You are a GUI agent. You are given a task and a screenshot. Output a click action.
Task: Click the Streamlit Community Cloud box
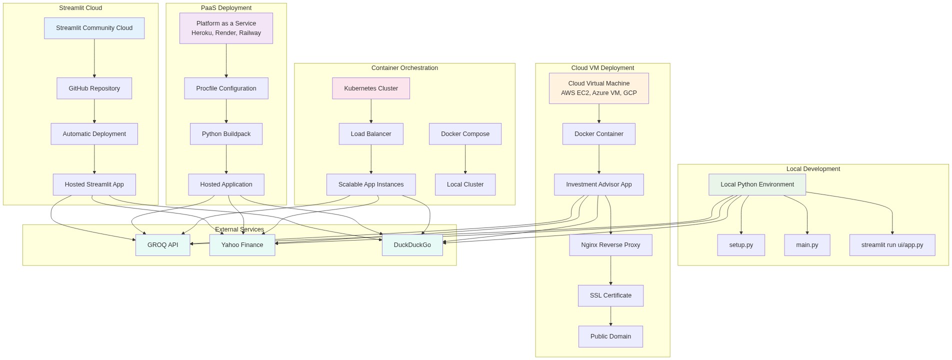(x=94, y=28)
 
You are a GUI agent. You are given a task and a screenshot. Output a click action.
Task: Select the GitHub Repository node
(x=94, y=88)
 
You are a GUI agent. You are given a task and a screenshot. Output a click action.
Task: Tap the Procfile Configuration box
(x=226, y=88)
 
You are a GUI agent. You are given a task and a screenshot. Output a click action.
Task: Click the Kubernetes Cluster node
(x=371, y=88)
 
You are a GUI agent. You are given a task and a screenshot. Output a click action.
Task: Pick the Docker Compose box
(x=465, y=134)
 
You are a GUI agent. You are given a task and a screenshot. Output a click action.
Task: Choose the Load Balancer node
(x=371, y=134)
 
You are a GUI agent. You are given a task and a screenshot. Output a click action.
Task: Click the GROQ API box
(x=162, y=245)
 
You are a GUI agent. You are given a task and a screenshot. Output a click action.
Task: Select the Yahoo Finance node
(x=242, y=245)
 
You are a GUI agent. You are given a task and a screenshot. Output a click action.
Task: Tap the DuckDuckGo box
(x=412, y=245)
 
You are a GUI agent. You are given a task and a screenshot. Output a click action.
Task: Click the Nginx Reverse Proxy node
(x=610, y=245)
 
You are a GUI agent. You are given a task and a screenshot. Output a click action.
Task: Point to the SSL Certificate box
(x=610, y=295)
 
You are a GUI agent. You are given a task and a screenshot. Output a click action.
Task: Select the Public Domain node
(x=610, y=336)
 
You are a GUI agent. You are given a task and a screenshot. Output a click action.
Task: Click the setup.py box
(x=741, y=245)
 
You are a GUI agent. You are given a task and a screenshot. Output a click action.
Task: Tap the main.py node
(x=807, y=245)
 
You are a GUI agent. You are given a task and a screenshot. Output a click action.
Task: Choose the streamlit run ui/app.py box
(x=892, y=245)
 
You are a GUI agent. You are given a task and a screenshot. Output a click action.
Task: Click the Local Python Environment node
(x=757, y=184)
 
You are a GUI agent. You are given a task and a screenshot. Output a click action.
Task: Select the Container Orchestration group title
(x=404, y=68)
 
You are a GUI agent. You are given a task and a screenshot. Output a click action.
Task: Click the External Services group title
(x=239, y=229)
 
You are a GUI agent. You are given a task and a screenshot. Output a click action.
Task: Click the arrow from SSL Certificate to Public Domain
(x=610, y=316)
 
